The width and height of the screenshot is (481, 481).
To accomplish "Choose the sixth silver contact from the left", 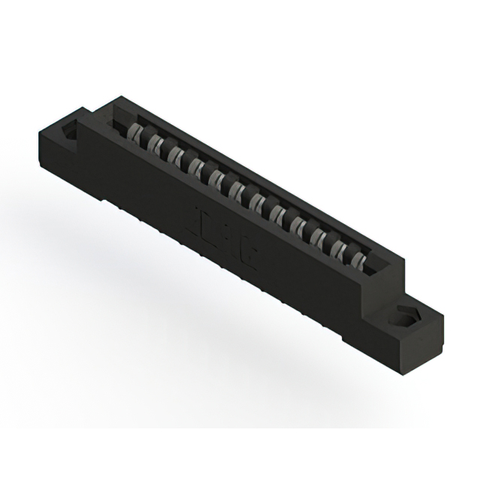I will [x=239, y=189].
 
